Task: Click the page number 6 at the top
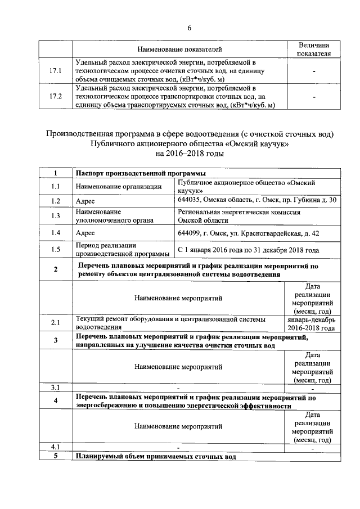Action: coord(189,28)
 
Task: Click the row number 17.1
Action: coord(56,71)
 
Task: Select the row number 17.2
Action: coord(56,97)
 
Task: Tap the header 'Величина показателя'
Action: coord(314,49)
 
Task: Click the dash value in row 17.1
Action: coord(314,71)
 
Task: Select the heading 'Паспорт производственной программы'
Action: coord(140,173)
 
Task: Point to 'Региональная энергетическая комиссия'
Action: coord(238,213)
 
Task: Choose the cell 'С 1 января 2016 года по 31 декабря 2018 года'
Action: coord(248,250)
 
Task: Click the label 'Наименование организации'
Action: coord(119,186)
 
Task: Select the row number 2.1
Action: coord(56,323)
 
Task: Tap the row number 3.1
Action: coord(56,387)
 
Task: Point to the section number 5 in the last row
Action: coord(56,456)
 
